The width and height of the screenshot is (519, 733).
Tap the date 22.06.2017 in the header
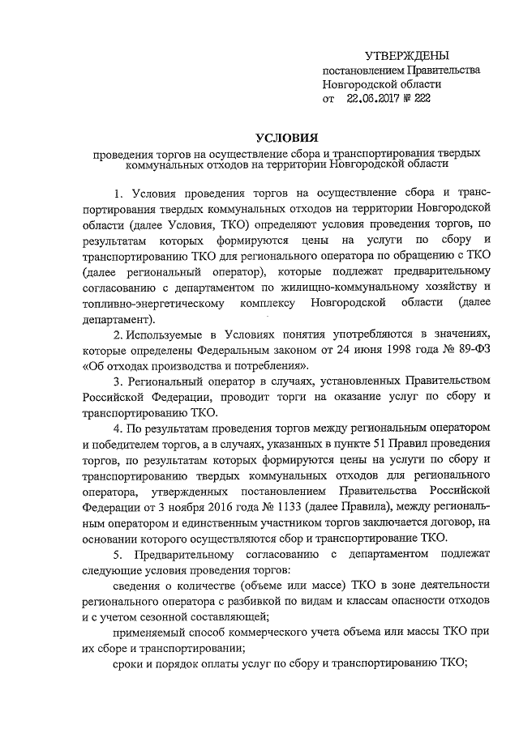(x=369, y=99)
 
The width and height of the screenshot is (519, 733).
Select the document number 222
(x=421, y=99)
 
